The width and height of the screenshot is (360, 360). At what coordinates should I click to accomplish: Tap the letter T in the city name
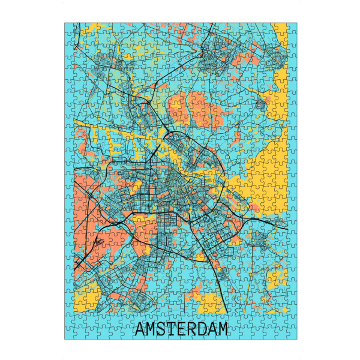click(x=175, y=329)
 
